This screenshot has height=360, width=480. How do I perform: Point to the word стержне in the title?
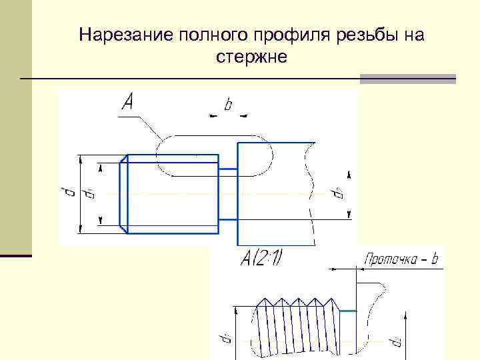click(251, 57)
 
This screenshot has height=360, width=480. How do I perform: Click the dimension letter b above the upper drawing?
click(228, 105)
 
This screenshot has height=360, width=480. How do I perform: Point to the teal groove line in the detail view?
click(348, 311)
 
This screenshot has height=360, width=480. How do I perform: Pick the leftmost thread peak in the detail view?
click(265, 299)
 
